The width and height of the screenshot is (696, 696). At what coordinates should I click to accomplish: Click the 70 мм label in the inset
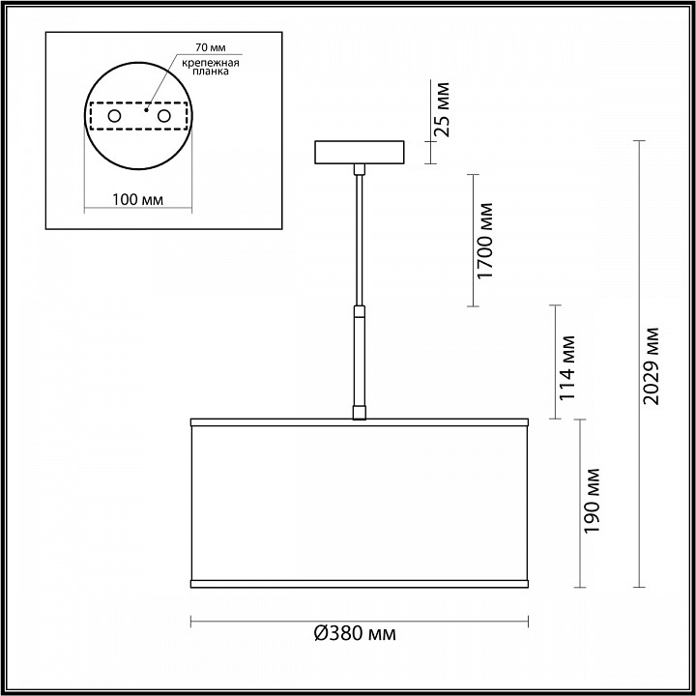click(208, 46)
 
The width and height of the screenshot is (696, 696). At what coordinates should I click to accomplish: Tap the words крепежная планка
click(210, 66)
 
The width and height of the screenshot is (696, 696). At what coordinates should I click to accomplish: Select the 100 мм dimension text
click(136, 200)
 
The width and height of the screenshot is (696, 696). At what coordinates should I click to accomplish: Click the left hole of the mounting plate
click(114, 116)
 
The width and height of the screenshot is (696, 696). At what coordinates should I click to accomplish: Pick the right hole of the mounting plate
click(163, 116)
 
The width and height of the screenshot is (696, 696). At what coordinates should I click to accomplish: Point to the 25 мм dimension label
click(442, 108)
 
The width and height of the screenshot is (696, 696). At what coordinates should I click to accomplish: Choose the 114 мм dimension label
click(567, 367)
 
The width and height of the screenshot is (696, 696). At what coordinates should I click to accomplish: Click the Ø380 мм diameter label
click(356, 634)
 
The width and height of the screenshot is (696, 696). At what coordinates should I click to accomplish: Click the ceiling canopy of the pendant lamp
click(360, 153)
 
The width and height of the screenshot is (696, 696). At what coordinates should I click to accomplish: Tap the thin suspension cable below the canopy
click(359, 242)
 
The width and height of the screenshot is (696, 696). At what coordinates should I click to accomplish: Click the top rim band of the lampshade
click(359, 423)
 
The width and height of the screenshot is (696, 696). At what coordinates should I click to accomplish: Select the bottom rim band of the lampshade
click(359, 583)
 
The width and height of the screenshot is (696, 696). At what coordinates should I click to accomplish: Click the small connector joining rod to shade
click(359, 413)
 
